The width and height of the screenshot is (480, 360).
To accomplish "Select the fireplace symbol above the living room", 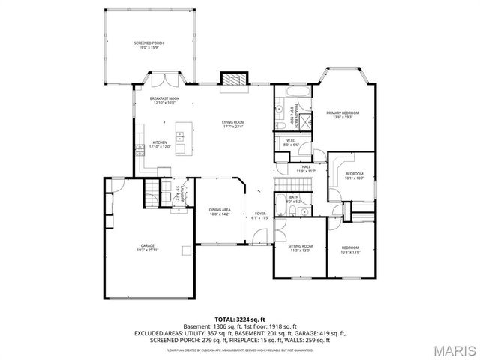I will pos(232,80).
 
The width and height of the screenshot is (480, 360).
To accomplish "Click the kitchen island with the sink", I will pos(179,136).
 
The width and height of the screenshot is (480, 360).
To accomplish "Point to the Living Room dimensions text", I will pos(233,126).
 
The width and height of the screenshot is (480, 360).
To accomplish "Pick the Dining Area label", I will pos(220,212).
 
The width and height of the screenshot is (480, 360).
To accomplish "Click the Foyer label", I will pos(260,215).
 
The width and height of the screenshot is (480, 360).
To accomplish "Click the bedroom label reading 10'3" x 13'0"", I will pos(351,250).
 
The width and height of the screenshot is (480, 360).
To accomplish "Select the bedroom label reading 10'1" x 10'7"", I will pos(354,176).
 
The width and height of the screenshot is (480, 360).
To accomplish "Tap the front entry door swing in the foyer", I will pos(259,238).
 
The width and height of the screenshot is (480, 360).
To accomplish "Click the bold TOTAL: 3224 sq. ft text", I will pos(239,319).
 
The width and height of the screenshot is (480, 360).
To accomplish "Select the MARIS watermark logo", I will pos(451,349).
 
